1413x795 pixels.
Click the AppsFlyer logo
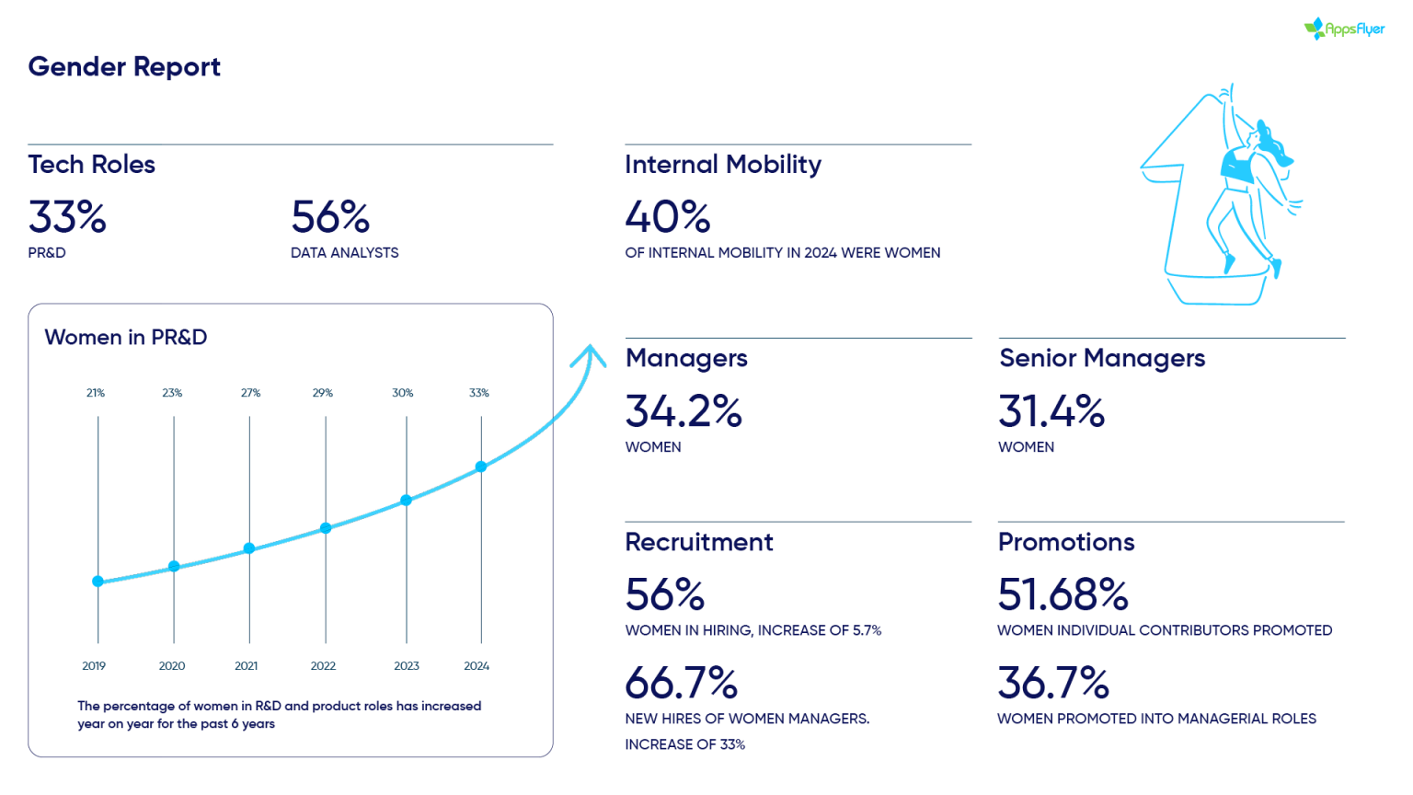point(1344,29)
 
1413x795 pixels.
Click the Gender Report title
point(124,67)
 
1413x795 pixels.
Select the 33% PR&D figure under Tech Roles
point(67,218)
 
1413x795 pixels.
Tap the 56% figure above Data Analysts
point(330,218)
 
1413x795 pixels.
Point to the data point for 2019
point(98,582)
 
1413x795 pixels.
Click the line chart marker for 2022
point(326,528)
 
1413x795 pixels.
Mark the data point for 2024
point(481,467)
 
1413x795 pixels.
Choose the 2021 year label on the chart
point(246,666)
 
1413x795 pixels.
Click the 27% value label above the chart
point(250,393)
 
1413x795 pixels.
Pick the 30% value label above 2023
point(402,393)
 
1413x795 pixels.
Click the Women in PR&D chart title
point(126,338)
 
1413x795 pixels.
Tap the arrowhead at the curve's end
point(589,354)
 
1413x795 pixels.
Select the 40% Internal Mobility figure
point(668,218)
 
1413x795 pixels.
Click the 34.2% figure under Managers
point(684,411)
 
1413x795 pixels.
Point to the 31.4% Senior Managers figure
point(1051,411)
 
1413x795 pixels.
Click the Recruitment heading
point(699,542)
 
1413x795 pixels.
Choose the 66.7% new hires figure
point(682,684)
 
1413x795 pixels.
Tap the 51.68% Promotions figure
point(1063,594)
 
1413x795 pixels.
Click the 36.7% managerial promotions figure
point(1054,684)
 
